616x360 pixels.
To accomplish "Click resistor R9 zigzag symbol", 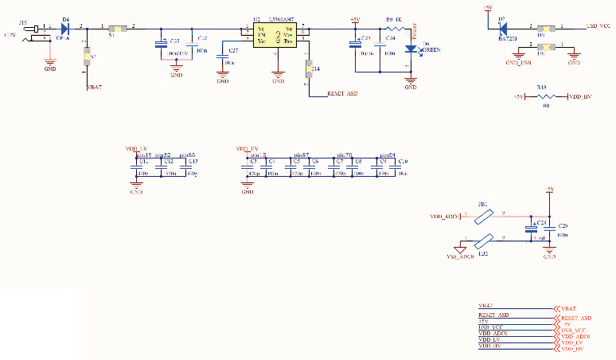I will [x=394, y=29].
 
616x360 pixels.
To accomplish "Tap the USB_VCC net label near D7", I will [x=598, y=27].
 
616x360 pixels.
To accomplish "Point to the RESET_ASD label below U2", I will [x=342, y=94].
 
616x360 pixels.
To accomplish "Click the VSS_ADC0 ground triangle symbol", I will [x=459, y=248].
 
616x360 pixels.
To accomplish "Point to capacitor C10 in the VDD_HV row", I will [x=403, y=166].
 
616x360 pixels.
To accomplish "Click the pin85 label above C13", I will [x=187, y=155].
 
